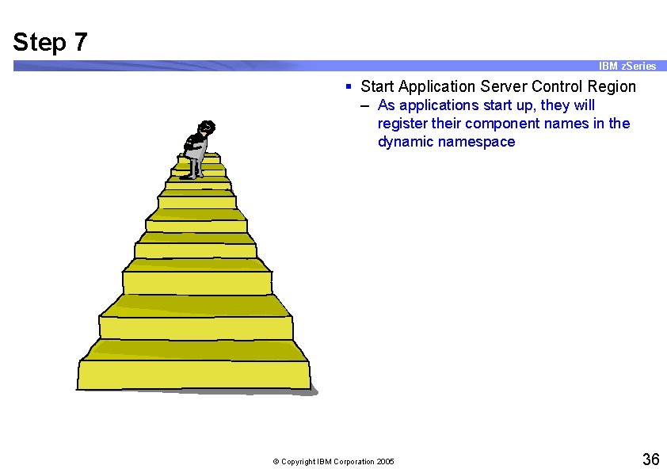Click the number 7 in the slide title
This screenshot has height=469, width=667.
[x=80, y=42]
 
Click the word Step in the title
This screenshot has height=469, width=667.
[x=40, y=42]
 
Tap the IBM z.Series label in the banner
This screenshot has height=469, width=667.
[x=627, y=66]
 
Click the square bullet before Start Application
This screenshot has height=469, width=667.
[x=349, y=86]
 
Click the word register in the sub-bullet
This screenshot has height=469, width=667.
[x=403, y=124]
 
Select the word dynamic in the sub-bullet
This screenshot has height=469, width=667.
[x=406, y=142]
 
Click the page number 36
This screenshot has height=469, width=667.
[x=650, y=459]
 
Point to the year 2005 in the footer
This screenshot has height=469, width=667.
[x=385, y=462]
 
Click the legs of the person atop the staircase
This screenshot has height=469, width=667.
[x=194, y=166]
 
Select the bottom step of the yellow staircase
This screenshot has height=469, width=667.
[x=194, y=374]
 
